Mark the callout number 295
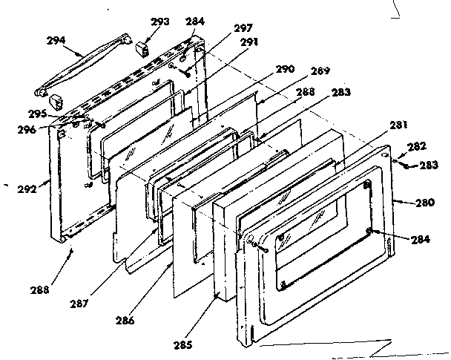point(36,114)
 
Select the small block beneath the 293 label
point(144,50)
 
